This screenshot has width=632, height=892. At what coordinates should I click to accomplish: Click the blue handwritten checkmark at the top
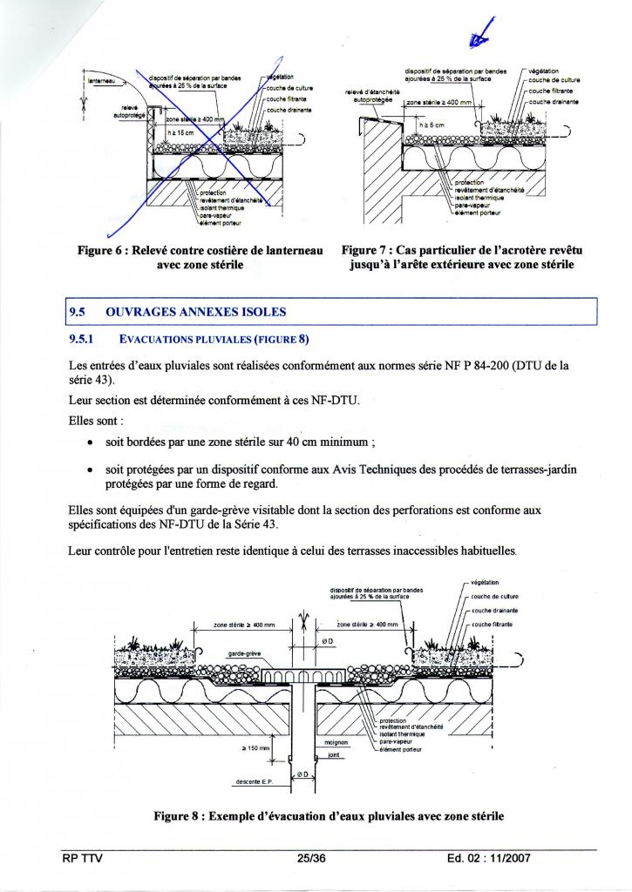click(x=478, y=36)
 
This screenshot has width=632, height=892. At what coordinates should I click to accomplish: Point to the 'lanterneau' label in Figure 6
click(x=101, y=80)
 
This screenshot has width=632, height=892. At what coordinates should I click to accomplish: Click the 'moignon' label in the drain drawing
click(x=336, y=742)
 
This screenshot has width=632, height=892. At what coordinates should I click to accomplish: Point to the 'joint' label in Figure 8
click(x=333, y=755)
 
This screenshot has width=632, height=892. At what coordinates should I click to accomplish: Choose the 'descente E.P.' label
click(x=254, y=781)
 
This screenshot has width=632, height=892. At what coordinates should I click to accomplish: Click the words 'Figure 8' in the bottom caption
click(x=180, y=816)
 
